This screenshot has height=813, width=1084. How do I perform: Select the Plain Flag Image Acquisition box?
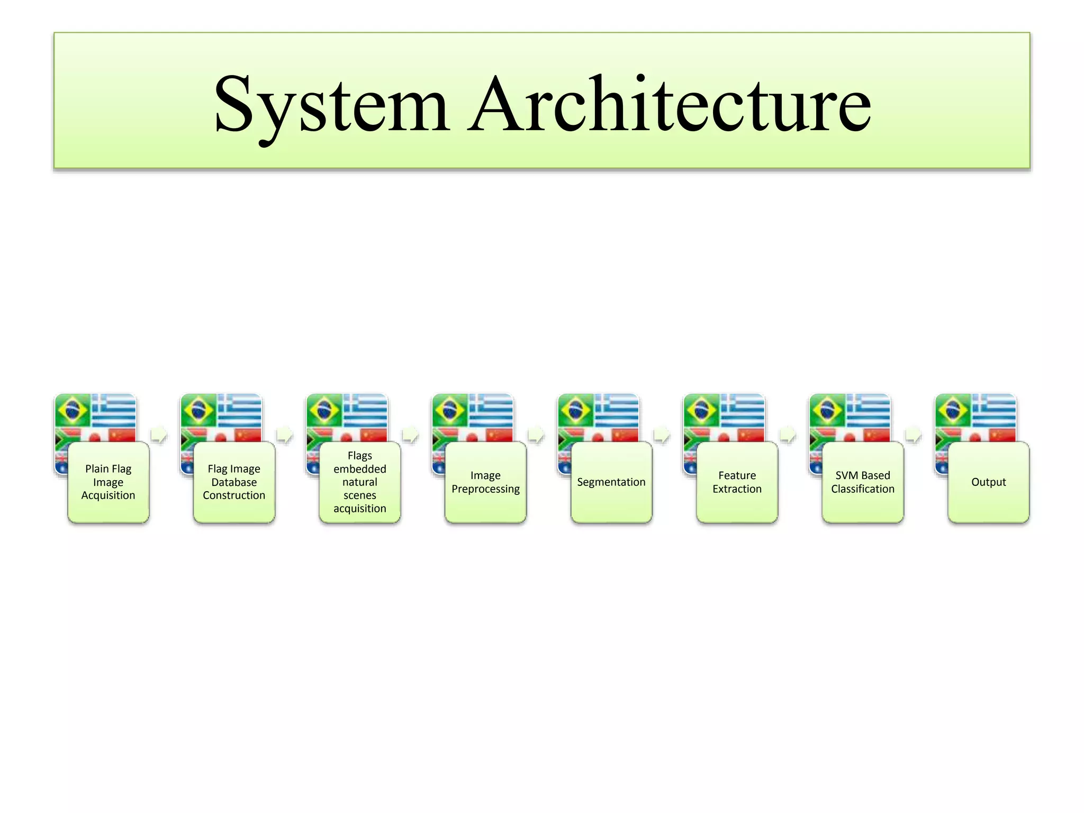109,482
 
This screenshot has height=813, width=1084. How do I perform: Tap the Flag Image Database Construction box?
234,482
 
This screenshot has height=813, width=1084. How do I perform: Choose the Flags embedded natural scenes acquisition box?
360,482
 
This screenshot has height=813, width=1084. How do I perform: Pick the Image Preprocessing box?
485,482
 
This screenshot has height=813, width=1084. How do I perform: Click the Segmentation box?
611,482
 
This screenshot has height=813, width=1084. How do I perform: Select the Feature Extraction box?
737,482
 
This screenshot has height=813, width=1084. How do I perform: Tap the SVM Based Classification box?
863,482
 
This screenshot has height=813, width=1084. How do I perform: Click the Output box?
988,482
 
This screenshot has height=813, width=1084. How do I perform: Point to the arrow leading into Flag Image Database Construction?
159,435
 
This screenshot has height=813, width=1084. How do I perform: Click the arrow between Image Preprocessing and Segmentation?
536,435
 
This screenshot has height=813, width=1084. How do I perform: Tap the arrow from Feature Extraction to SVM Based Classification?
788,435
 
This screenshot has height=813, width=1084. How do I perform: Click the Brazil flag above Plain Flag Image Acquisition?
73,410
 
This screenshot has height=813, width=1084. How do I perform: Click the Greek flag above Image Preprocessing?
491,410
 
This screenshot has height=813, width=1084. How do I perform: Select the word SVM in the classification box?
846,475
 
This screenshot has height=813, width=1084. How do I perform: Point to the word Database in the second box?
234,482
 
